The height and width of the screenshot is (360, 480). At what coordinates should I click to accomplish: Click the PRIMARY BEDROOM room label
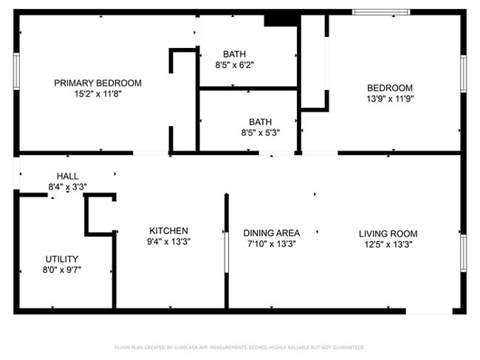97,83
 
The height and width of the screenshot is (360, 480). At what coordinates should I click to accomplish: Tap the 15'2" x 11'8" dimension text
97,94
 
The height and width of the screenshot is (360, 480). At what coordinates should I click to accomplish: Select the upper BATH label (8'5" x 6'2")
235,54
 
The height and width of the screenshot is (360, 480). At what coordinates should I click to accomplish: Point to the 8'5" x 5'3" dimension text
260,133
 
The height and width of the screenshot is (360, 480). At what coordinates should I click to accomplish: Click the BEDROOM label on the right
389,88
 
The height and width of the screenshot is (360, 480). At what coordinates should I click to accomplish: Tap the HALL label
67,176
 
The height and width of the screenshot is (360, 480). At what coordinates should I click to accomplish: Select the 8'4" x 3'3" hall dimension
67,187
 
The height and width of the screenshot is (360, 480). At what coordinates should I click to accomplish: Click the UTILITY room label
62,259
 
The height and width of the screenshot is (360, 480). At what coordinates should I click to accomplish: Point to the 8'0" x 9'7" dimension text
62,270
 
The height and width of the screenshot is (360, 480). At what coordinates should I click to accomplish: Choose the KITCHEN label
168,231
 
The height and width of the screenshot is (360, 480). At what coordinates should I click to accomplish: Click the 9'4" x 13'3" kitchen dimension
168,242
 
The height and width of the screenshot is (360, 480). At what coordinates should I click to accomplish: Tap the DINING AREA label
271,233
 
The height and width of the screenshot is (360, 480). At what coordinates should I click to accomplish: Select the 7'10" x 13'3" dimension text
271,243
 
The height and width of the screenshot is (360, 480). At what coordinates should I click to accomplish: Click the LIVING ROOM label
388,233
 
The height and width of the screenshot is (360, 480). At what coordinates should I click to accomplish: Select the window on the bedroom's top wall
380,13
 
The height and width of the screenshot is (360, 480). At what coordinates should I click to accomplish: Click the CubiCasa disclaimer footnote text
239,347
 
